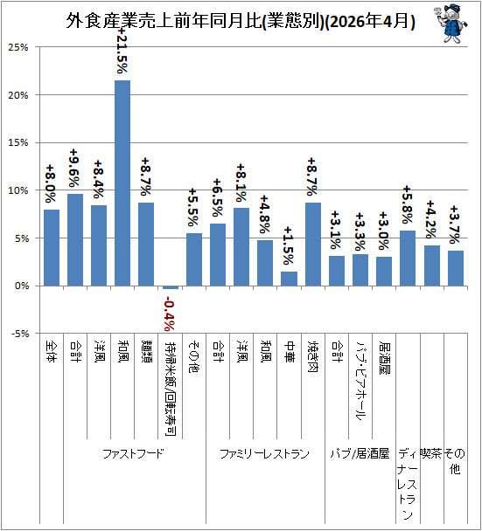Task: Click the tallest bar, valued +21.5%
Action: [x=122, y=183]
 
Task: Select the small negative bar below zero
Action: [x=171, y=287]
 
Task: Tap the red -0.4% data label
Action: [x=170, y=314]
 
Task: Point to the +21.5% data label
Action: [x=122, y=50]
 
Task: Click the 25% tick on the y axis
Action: [x=18, y=47]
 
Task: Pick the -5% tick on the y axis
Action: [x=20, y=334]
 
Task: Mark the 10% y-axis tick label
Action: [x=18, y=190]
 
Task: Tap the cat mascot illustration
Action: [x=451, y=24]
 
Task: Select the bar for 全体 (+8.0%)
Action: [x=52, y=248]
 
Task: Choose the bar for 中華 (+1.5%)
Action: [x=289, y=279]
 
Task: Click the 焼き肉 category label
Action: [x=313, y=356]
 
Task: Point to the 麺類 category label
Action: [x=146, y=352]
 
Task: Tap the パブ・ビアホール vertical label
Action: [x=360, y=380]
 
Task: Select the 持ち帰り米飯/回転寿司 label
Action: [x=171, y=389]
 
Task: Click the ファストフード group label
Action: [x=133, y=453]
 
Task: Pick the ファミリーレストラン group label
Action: [x=264, y=453]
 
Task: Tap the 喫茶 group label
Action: [x=431, y=453]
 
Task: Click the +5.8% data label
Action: [x=408, y=205]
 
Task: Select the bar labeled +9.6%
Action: [x=75, y=240]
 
